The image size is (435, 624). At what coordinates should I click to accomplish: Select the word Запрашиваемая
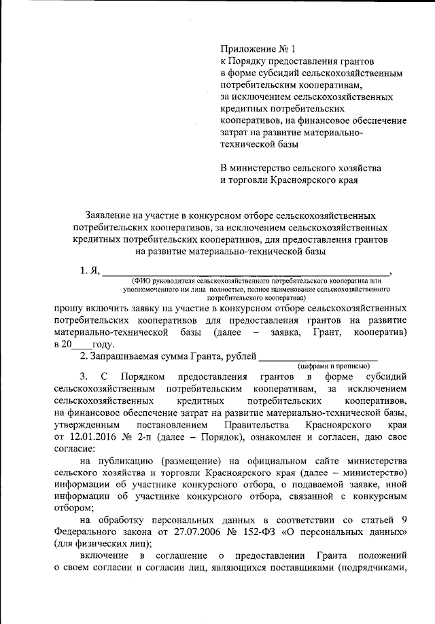coord(128,356)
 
